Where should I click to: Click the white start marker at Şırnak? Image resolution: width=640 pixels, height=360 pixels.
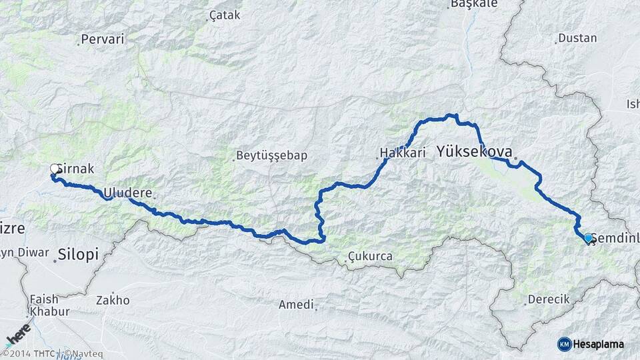(54, 169)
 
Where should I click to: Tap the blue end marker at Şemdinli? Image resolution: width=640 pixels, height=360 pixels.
(588, 237)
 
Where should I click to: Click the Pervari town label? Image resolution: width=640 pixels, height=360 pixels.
(103, 39)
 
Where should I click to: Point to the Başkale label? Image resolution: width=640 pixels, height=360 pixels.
(474, 4)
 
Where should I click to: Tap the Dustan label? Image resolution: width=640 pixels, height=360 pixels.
(577, 38)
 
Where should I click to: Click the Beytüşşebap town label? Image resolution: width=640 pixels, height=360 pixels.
(271, 156)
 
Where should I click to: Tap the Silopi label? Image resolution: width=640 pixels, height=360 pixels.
(78, 254)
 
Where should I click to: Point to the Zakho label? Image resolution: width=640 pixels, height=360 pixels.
(113, 300)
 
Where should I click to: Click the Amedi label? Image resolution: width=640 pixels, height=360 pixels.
(297, 305)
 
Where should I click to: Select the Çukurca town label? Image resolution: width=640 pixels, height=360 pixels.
(370, 256)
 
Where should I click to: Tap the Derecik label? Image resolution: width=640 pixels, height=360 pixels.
(548, 299)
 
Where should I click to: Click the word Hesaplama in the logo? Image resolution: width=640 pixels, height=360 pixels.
(599, 344)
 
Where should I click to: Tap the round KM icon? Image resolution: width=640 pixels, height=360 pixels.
(565, 344)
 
